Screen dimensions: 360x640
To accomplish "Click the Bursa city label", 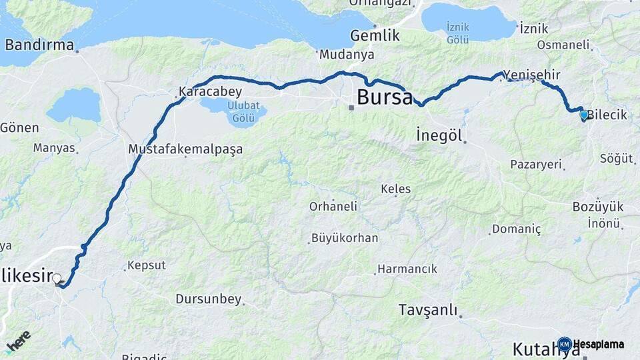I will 385,97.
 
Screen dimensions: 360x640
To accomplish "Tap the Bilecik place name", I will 607,115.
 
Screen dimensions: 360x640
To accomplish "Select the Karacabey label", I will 210,91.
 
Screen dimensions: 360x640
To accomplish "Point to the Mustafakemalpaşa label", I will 185,149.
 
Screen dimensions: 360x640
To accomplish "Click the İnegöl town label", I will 439,134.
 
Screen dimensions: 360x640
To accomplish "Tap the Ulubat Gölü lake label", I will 237,111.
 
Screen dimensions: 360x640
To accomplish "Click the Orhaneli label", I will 333,207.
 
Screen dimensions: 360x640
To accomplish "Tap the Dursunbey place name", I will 208,299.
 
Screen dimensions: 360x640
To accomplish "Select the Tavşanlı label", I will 428,310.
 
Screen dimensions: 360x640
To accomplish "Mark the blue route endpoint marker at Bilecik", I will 584,115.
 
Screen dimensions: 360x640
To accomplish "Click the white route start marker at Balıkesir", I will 57,278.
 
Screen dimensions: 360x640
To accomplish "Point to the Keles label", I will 395,189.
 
